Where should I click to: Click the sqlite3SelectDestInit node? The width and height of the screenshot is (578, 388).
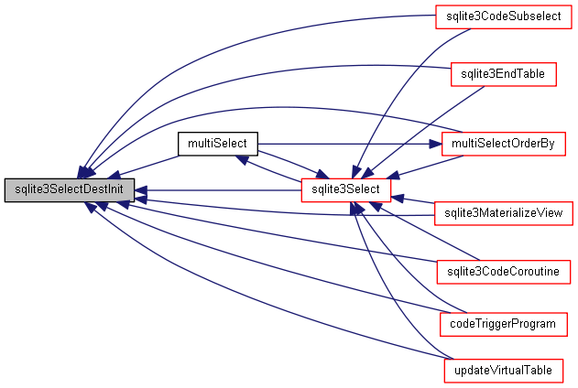(x=70, y=190)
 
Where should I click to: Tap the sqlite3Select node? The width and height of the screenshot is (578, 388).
(x=347, y=190)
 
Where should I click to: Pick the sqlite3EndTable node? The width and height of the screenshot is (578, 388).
(x=503, y=75)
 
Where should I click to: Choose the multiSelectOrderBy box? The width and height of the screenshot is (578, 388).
(x=503, y=144)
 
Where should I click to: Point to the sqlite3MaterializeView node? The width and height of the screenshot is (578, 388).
(x=504, y=213)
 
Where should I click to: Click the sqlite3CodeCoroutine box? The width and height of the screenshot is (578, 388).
(x=504, y=271)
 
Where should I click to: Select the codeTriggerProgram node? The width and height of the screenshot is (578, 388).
(x=504, y=324)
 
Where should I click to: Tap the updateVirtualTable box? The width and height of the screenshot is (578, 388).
(x=503, y=372)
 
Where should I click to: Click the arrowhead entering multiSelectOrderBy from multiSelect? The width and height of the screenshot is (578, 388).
(x=435, y=144)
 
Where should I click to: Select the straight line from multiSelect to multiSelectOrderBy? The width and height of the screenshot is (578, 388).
(x=348, y=144)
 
